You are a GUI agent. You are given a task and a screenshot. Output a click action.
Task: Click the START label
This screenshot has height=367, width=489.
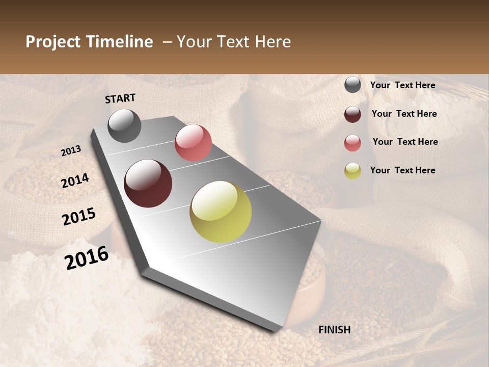coord(120,98)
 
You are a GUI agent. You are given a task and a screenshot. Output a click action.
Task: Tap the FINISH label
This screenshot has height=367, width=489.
coord(335,330)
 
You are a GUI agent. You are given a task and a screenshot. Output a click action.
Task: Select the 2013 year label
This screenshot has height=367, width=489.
coord(71,150)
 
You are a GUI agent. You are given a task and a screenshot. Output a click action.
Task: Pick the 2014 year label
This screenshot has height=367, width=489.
coord(75,180)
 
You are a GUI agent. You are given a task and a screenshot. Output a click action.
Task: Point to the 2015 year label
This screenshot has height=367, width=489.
coord(79,217)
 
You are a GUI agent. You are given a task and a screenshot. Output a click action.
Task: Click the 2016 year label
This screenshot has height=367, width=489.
coord(87,257)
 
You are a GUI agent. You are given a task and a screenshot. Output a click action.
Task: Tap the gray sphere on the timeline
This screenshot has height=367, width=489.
coord(124,125)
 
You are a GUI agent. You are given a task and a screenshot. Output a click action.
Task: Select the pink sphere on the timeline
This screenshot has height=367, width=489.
coord(193,143)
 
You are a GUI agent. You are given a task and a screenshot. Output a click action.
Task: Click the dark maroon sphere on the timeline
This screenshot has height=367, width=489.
coord(148,183)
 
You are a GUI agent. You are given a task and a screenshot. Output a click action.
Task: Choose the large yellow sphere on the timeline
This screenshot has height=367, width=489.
coord(221,212)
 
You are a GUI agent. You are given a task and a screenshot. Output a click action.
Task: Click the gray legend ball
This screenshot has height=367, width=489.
coord(352,85)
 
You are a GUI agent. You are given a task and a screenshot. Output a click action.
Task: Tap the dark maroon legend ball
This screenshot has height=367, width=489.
coord(352,114)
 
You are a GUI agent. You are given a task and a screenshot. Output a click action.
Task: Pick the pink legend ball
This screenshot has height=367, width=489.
coord(352,143)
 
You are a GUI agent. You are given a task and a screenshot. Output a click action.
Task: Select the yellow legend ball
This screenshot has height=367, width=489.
coord(352,171)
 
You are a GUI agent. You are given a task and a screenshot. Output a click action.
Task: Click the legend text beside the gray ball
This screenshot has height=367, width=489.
coord(403,85)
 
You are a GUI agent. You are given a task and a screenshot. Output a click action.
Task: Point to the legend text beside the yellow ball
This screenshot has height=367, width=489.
coord(403,170)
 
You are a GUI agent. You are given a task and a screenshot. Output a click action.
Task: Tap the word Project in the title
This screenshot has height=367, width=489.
coord(53,42)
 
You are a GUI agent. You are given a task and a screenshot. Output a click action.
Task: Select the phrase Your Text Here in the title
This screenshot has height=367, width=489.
coord(234,42)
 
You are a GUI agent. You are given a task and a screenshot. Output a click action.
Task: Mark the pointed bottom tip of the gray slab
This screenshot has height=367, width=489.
coord(275,331)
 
